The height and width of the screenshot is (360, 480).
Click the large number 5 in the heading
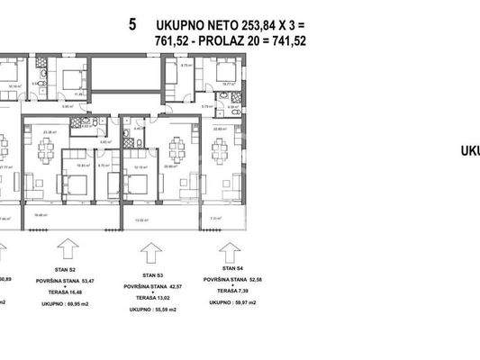point(132,24)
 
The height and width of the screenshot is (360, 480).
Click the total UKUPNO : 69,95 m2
point(67,304)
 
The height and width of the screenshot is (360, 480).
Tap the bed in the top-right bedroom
point(221,71)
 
